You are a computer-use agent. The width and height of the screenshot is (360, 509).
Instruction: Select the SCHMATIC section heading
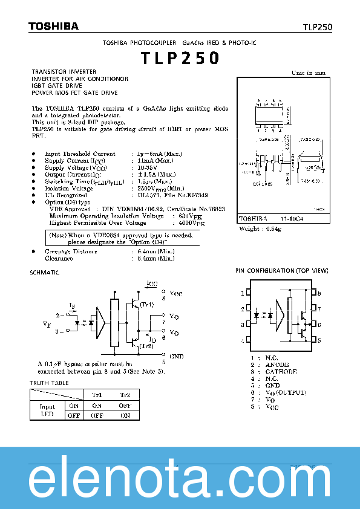45,273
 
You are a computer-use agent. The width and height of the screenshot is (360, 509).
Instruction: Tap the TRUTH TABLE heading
50,383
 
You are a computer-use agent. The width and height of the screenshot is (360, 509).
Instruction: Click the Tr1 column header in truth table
97,395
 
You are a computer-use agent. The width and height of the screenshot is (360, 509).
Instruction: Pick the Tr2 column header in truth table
125,395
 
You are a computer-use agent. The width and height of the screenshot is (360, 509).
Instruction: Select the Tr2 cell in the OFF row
125,415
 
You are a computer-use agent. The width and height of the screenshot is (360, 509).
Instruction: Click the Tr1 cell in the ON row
97,406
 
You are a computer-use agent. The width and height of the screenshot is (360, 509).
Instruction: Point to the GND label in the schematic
177,357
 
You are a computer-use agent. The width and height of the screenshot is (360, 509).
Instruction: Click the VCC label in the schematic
175,294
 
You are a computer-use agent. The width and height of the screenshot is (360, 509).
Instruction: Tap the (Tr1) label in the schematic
146,305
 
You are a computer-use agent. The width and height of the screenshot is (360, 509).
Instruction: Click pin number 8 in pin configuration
319,293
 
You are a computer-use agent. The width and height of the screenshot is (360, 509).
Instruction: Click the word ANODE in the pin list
277,365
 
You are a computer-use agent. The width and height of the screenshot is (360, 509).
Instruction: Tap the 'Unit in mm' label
309,73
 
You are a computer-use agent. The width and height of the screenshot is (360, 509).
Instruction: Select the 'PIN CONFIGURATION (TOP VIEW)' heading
278,271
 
